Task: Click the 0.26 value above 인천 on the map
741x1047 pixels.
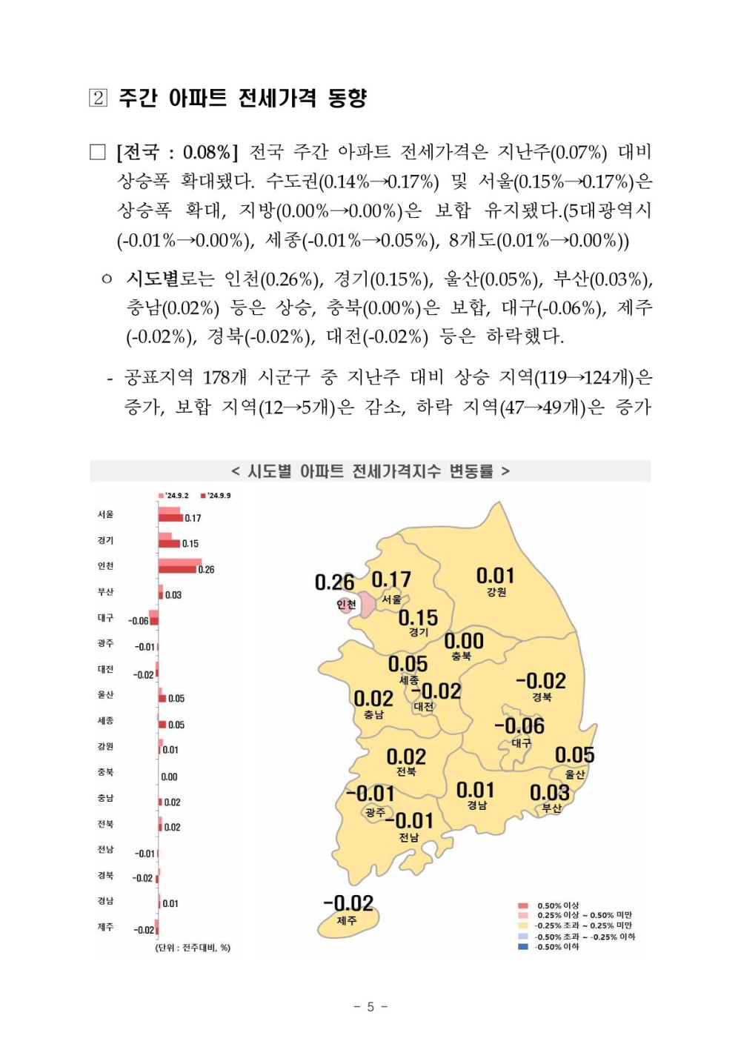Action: point(334,582)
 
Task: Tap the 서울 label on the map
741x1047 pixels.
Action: point(391,599)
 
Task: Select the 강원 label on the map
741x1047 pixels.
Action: point(496,592)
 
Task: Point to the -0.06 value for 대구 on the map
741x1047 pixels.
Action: point(519,725)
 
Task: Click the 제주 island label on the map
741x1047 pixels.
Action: point(347,920)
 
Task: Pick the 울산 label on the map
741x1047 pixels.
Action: point(575,774)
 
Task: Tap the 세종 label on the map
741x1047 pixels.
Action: point(409,679)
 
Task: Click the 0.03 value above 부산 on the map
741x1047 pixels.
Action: point(549,792)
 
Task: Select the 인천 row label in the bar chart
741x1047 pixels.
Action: point(105,566)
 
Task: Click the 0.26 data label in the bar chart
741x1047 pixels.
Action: point(206,570)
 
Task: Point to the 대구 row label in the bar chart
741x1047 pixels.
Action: point(105,617)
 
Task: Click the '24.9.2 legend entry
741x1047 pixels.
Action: point(174,496)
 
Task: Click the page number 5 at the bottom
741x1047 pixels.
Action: point(370,1006)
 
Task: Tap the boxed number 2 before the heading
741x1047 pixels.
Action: point(98,98)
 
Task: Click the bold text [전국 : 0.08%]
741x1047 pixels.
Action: point(177,153)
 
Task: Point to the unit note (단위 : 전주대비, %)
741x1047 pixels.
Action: point(193,948)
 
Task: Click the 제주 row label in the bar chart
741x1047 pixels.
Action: point(105,927)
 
